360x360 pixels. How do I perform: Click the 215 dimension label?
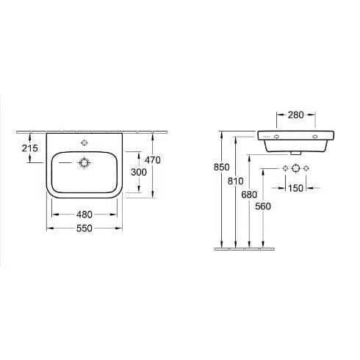coord(30,148)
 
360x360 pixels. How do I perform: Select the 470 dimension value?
coord(153,160)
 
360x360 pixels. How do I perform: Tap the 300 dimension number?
coord(139,172)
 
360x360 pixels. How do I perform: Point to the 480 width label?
coord(84,215)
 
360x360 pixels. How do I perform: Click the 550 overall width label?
coord(84,228)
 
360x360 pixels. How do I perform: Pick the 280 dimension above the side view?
coord(296,115)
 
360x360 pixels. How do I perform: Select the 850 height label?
coord(222,168)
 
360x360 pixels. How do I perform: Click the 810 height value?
coord(236,181)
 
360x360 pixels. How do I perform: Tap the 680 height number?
coord(249,195)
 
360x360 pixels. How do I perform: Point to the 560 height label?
coord(263,206)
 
